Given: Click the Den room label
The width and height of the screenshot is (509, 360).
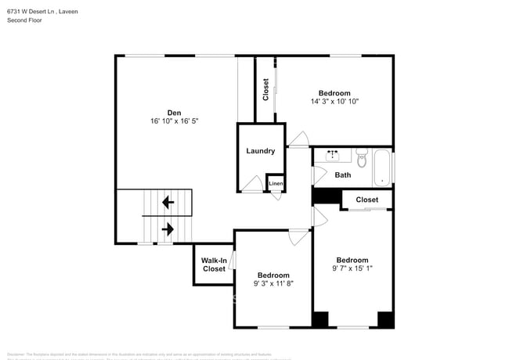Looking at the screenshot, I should tap(175, 112).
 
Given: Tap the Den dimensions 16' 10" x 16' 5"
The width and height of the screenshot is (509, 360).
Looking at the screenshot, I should tap(175, 121).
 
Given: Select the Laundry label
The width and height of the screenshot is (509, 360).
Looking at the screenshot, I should tap(260, 151).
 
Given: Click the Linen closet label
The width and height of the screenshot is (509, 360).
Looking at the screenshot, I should tap(276, 184).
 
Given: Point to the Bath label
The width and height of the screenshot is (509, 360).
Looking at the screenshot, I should tap(343, 175).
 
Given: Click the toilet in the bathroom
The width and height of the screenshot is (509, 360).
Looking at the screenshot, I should tap(362, 160).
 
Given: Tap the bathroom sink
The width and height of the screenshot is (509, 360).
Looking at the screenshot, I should tap(333, 155).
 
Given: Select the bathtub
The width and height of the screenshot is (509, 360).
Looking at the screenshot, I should tap(383, 167).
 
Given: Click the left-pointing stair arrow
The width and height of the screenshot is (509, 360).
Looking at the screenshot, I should tap(168, 203).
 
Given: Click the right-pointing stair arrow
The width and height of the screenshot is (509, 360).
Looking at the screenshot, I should tap(168, 229).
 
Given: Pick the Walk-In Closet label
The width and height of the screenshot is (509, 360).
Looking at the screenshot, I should tap(214, 265).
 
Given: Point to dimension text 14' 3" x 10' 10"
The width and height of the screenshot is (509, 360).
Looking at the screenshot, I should tap(334, 101).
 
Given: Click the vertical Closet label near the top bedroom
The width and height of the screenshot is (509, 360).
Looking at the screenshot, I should tap(265, 89).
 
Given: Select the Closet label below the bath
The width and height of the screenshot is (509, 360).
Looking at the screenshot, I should tap(366, 200).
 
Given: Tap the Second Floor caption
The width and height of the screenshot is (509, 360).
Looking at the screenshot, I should tap(25, 20).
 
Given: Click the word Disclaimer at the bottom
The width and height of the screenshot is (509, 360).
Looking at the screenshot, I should tap(16, 354).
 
